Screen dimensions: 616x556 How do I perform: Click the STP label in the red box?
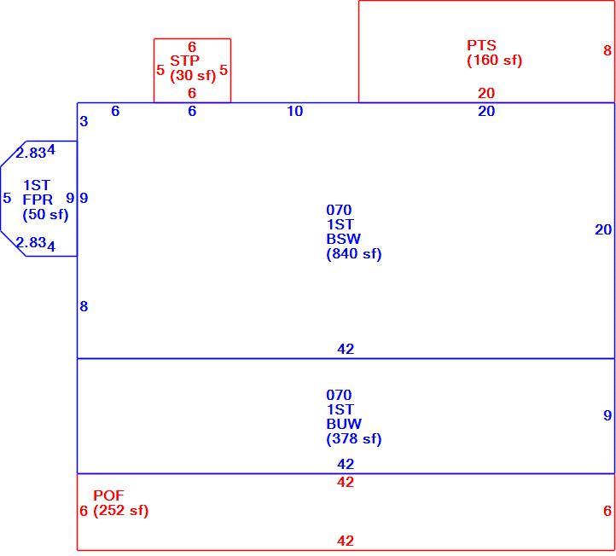click(x=184, y=61)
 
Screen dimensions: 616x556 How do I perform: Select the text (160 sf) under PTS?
click(x=494, y=60)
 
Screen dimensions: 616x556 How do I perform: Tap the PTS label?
click(x=481, y=45)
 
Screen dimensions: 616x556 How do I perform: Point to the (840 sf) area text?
click(x=354, y=253)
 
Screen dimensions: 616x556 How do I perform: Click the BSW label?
click(x=343, y=239)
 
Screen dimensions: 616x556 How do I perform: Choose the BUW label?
click(x=344, y=424)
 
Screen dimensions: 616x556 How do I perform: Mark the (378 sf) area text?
click(x=354, y=438)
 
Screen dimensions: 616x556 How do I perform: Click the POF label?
click(x=108, y=495)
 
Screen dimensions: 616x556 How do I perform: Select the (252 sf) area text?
click(x=121, y=511)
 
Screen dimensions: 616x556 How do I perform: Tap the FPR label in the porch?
click(x=38, y=200)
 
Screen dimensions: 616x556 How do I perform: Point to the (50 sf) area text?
click(x=45, y=214)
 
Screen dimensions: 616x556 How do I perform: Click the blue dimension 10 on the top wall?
click(x=295, y=111)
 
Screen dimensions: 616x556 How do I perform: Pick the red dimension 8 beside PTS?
click(x=607, y=50)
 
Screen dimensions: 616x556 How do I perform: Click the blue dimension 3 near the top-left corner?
click(x=84, y=121)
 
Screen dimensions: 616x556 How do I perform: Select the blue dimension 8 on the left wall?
click(x=84, y=306)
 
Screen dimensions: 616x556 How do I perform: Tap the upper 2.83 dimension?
click(x=31, y=153)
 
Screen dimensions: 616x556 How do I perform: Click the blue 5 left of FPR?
click(x=7, y=198)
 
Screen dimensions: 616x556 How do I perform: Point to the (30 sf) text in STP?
click(x=193, y=75)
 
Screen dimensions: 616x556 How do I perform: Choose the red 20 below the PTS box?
click(x=486, y=93)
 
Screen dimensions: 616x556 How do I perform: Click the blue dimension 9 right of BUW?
click(x=607, y=415)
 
